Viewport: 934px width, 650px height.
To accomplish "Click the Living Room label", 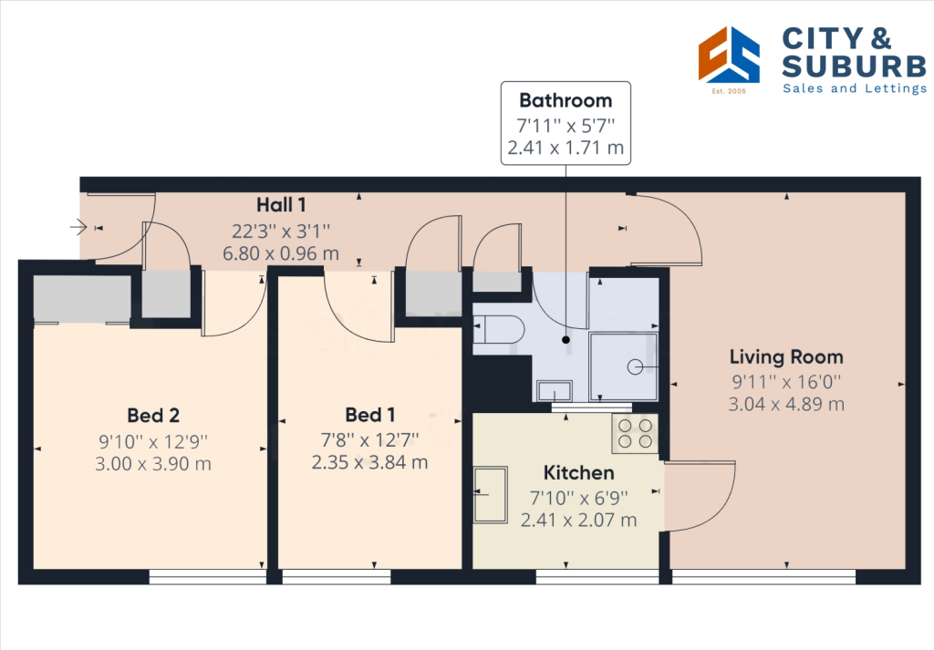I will [786, 356].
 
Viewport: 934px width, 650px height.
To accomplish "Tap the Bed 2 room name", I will [152, 416].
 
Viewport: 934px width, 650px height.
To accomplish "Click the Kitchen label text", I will [578, 473].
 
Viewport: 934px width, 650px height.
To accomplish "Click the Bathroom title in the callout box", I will [565, 100].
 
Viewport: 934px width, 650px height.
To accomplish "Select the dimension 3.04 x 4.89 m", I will [786, 404].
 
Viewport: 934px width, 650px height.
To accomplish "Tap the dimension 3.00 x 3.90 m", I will [152, 463].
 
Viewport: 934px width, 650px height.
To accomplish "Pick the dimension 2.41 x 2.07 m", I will [578, 521].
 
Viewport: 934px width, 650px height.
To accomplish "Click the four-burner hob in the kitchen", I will [636, 432].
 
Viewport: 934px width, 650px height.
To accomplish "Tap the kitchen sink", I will [491, 494].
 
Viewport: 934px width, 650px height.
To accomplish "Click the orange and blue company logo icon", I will [729, 55].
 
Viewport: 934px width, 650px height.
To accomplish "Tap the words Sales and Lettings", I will [855, 88].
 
